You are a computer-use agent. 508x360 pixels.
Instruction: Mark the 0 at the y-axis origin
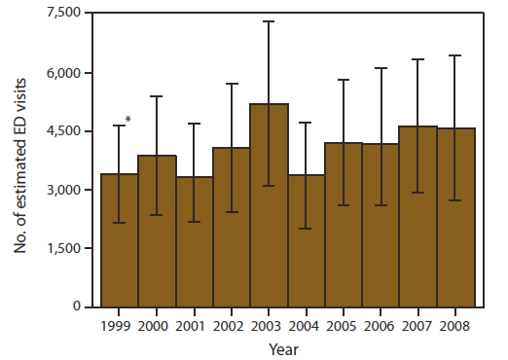point(87,306)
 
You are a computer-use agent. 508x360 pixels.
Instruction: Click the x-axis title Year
point(286,346)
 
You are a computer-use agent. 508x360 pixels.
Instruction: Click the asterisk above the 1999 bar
point(128,120)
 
